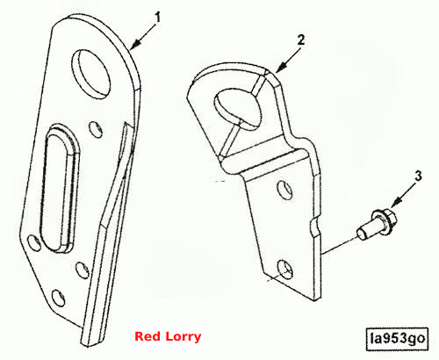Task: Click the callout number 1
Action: (x=157, y=18)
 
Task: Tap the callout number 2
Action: (x=301, y=40)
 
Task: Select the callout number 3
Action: (x=418, y=176)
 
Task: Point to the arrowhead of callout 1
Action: (x=134, y=45)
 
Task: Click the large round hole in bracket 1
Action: (x=91, y=74)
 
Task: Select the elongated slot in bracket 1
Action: (x=60, y=188)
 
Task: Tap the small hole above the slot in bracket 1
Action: (x=96, y=129)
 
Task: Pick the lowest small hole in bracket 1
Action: (x=58, y=298)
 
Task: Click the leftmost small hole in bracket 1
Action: (x=34, y=242)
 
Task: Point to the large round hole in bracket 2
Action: (x=237, y=109)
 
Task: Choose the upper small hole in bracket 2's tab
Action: (x=284, y=190)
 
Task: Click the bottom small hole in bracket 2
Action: (x=284, y=269)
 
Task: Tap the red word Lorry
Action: (x=184, y=337)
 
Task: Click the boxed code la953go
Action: (x=397, y=339)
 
